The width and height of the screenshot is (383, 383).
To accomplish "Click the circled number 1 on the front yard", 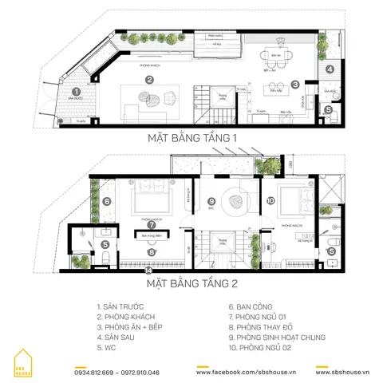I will coord(76,93).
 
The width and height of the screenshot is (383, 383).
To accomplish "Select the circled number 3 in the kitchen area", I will coord(294,84).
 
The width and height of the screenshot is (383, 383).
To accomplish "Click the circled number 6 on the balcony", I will coord(107,201).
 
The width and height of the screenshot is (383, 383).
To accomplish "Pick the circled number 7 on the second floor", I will coord(152,225).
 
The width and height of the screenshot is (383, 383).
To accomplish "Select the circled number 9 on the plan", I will coord(211,201).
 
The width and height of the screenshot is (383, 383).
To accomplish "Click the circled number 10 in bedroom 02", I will coord(270,201).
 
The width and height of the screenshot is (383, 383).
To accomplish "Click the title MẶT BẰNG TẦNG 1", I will coord(192,138).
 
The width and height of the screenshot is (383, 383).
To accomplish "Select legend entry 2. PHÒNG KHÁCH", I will coord(126,314).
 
